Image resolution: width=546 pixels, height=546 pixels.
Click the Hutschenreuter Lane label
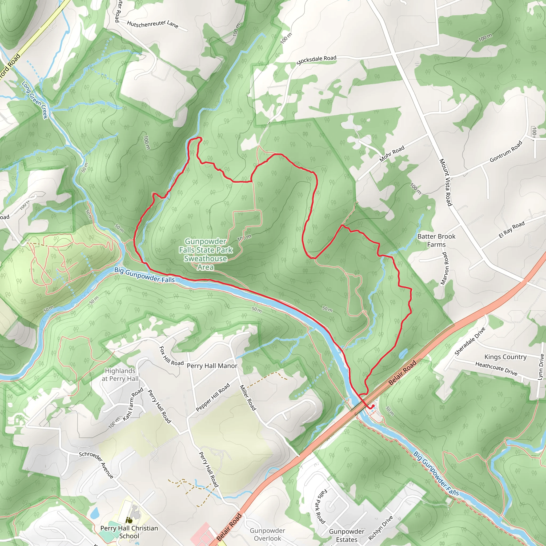click(152, 24)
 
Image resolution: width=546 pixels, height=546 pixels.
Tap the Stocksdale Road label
click(316, 60)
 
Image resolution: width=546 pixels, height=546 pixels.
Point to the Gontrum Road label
click(506, 152)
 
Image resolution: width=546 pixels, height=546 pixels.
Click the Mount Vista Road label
click(445, 182)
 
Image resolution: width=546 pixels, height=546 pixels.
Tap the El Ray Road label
click(512, 229)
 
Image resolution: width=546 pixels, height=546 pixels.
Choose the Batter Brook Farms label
click(436, 240)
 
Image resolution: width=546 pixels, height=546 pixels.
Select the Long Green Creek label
click(35, 100)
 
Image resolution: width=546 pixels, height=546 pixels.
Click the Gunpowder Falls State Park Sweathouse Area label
click(206, 254)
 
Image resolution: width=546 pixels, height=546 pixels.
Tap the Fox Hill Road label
click(171, 356)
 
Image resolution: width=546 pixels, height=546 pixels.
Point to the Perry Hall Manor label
click(212, 366)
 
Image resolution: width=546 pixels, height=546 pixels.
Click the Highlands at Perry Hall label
click(120, 375)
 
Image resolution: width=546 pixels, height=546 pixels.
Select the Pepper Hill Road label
click(213, 397)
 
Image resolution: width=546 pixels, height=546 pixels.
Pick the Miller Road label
click(248, 398)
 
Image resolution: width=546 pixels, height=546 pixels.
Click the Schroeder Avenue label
click(96, 465)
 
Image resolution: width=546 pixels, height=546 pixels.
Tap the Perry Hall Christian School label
click(129, 532)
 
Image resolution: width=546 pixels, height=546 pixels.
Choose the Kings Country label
click(505, 357)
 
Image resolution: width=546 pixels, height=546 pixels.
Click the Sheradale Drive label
click(470, 342)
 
